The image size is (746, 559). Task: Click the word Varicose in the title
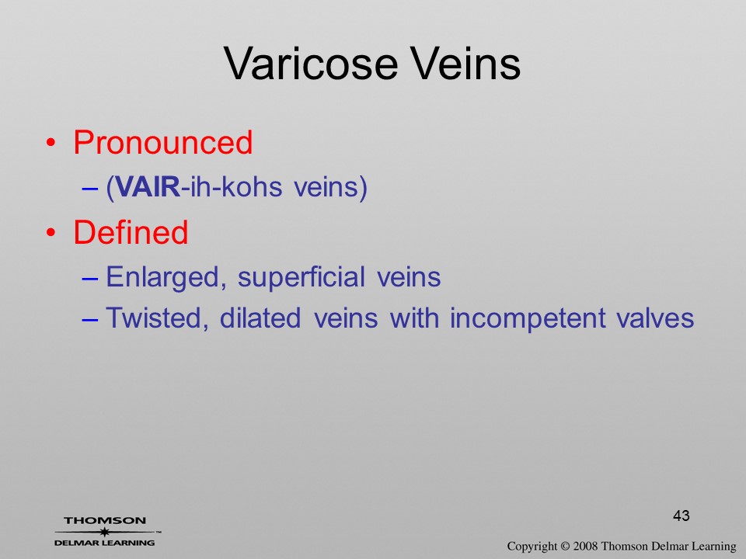click(x=311, y=64)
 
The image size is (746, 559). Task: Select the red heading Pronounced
click(x=162, y=142)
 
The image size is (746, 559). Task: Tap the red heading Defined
click(x=131, y=232)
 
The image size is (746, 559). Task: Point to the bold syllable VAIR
click(x=148, y=187)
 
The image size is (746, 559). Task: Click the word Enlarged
click(x=166, y=278)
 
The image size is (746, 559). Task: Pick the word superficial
click(x=302, y=278)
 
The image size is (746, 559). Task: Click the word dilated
click(x=260, y=318)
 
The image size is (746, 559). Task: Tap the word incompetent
click(x=528, y=319)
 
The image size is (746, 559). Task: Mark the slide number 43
click(x=682, y=516)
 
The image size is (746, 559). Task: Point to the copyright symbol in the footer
click(x=565, y=547)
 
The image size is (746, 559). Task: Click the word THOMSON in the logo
click(x=105, y=520)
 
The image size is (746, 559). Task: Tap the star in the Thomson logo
click(x=105, y=532)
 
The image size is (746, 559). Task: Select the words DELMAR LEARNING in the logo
click(x=105, y=543)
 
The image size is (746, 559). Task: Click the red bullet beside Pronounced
click(x=51, y=143)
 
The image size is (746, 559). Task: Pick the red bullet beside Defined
click(x=51, y=233)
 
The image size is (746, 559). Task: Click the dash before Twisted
click(x=89, y=319)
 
